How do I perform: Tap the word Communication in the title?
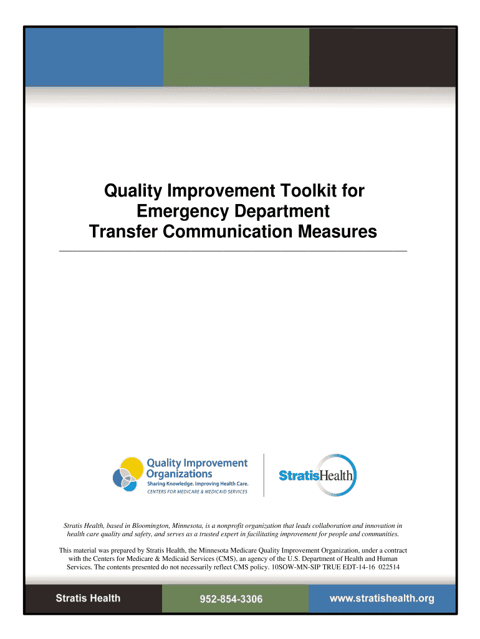click(228, 232)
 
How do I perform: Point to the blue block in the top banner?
click(95, 57)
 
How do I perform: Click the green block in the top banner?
click(236, 57)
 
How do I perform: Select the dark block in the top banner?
click(382, 57)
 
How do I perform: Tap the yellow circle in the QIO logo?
click(132, 469)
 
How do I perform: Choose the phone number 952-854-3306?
click(231, 599)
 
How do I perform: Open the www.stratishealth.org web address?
click(382, 598)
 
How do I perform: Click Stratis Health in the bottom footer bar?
click(88, 598)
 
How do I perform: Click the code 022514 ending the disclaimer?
click(389, 567)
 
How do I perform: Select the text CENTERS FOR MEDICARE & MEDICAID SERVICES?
click(197, 492)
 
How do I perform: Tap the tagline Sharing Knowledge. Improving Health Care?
click(198, 484)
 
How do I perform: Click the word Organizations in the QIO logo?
click(179, 474)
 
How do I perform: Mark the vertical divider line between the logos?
click(264, 475)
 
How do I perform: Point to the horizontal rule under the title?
click(233, 251)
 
